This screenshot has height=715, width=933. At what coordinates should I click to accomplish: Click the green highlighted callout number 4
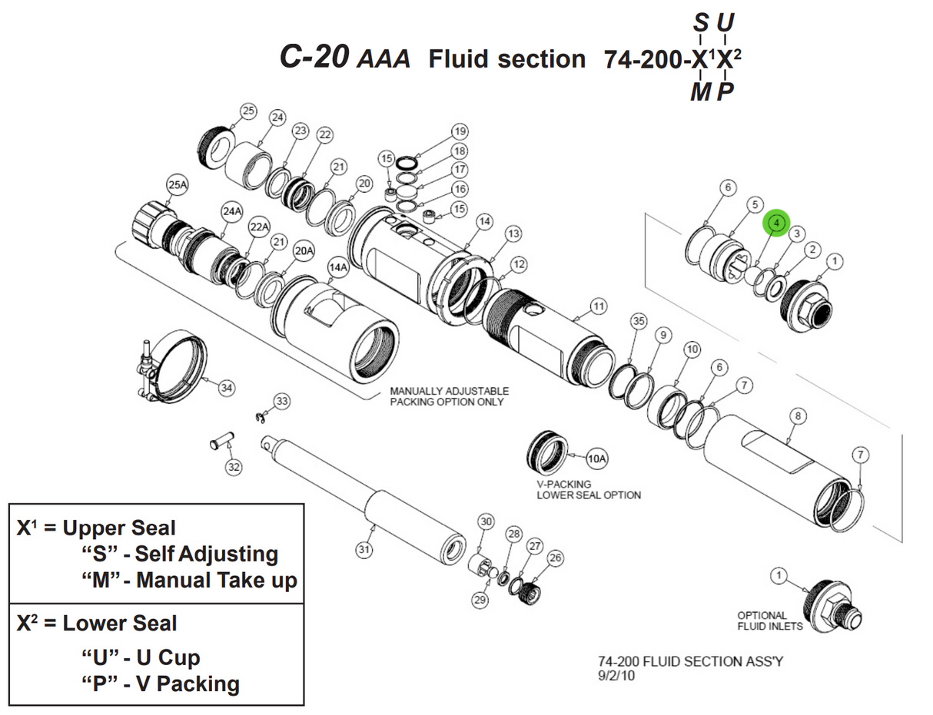coord(776,223)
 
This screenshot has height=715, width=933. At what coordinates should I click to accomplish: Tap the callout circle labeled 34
coord(226,388)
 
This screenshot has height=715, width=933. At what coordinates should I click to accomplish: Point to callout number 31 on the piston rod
coord(364,549)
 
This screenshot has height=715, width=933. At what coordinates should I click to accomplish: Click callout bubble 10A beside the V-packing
coord(597,459)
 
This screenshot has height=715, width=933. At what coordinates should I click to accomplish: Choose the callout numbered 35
coord(638,320)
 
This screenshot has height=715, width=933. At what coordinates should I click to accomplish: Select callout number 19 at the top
coord(460,131)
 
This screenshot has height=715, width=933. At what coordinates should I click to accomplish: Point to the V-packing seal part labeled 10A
coord(547,455)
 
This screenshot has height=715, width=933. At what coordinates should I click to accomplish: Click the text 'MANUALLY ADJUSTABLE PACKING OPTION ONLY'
coord(449,396)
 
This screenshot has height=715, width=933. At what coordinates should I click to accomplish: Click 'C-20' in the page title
coord(315,58)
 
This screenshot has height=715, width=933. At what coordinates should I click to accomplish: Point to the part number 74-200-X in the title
coord(653,59)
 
